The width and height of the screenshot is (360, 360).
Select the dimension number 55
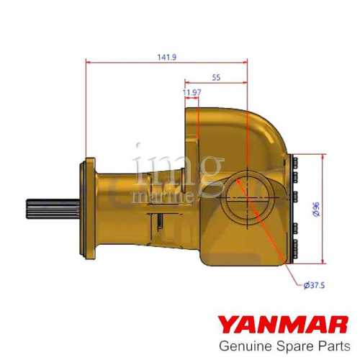215,76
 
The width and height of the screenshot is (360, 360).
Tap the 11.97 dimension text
192,93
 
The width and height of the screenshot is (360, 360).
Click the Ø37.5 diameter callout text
315,285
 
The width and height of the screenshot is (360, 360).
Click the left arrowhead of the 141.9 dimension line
89,61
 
